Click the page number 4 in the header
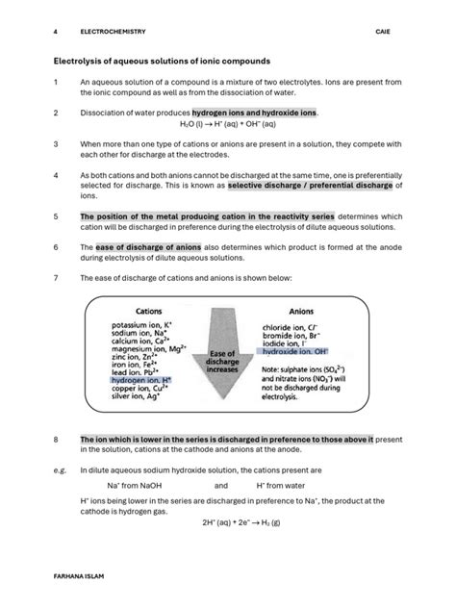(x=55, y=29)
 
